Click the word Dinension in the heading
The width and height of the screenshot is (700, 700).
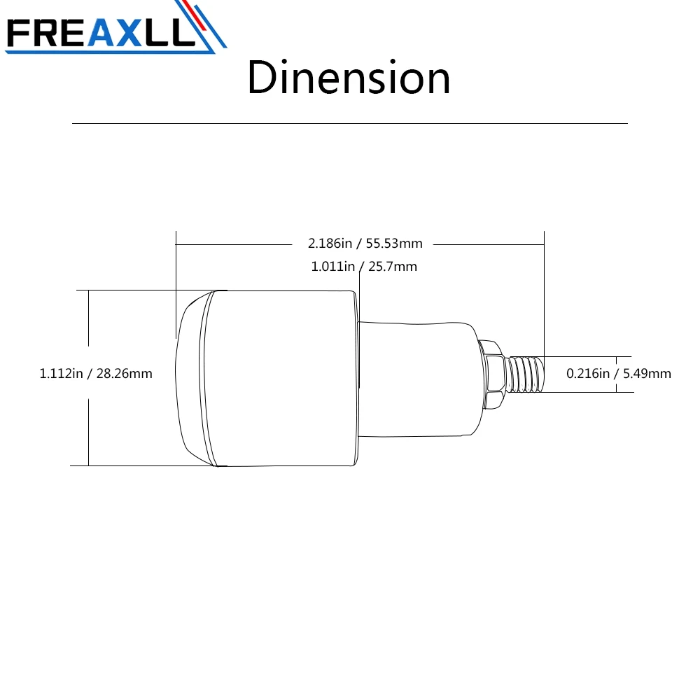pos(349,78)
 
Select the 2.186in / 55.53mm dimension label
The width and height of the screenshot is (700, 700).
pos(365,244)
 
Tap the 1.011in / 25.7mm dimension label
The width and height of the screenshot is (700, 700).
pos(364,267)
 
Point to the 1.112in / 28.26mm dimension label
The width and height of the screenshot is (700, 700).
pos(96,373)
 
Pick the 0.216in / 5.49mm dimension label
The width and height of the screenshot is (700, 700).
pos(619,373)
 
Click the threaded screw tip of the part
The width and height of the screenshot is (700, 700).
pos(526,374)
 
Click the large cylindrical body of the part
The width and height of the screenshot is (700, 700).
pos(281,378)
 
